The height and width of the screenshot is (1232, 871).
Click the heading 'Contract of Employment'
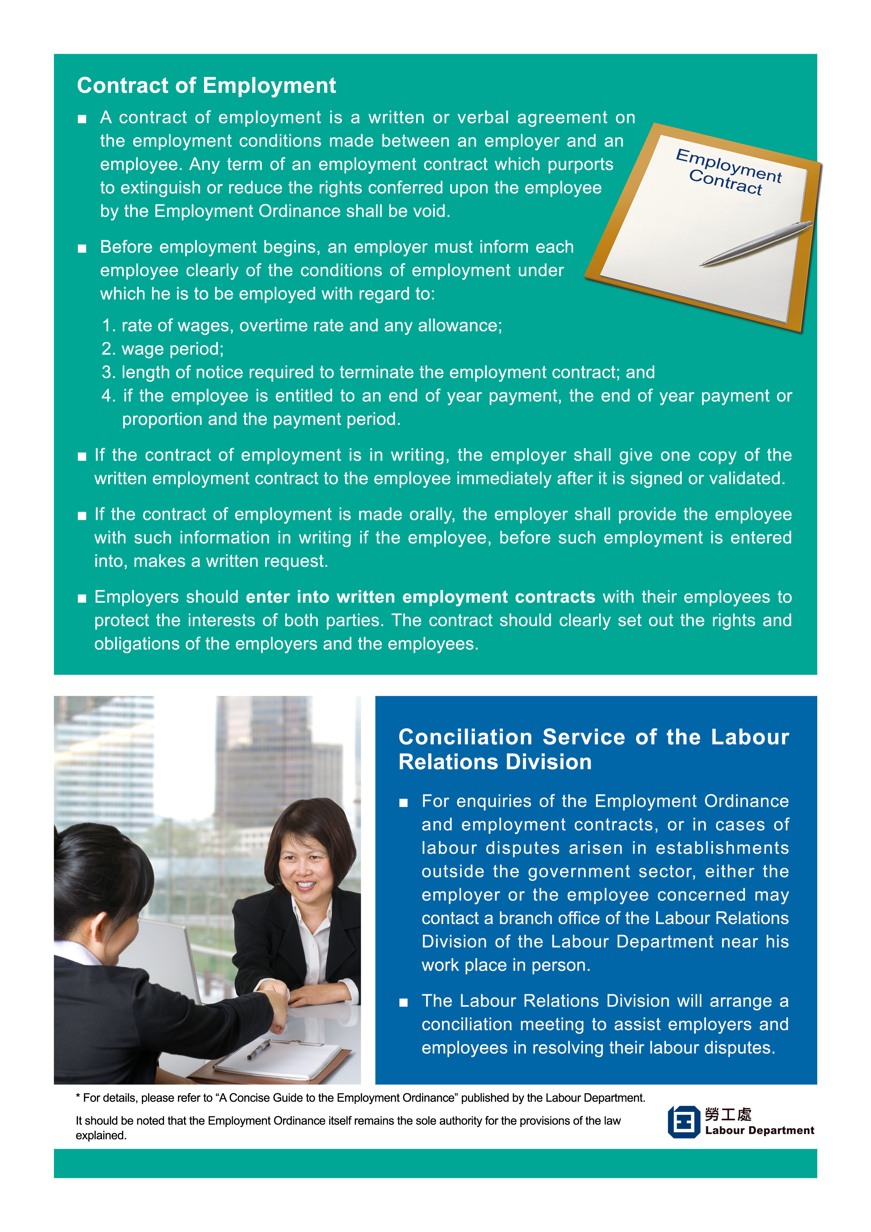206,86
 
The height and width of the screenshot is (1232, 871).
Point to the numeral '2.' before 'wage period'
109,349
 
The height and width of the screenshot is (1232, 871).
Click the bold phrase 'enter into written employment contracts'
420,597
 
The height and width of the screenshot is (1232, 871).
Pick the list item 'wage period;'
172,349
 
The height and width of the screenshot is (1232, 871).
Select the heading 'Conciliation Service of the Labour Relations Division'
593,749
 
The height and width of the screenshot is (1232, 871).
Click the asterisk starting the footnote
78,1099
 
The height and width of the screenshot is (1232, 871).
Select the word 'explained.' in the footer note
101,1135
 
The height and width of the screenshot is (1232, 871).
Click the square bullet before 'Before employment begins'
82,248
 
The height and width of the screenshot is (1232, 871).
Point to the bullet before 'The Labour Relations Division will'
404,1002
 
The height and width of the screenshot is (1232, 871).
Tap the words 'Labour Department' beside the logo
759,1131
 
